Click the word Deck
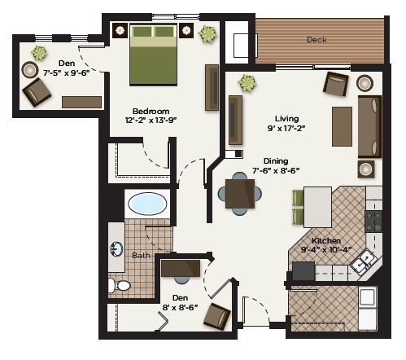pyautogui.click(x=317, y=40)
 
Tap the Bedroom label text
pyautogui.click(x=151, y=111)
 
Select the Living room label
pyautogui.click(x=287, y=118)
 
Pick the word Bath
pyautogui.click(x=141, y=256)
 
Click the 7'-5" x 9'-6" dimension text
pyautogui.click(x=65, y=72)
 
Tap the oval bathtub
pyautogui.click(x=146, y=203)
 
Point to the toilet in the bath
pyautogui.click(x=118, y=285)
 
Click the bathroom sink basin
pyautogui.click(x=116, y=249)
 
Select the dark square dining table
pyautogui.click(x=240, y=194)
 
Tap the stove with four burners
pyautogui.click(x=373, y=221)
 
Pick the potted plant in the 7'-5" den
pyautogui.click(x=39, y=53)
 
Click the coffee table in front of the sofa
pyautogui.click(x=342, y=125)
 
